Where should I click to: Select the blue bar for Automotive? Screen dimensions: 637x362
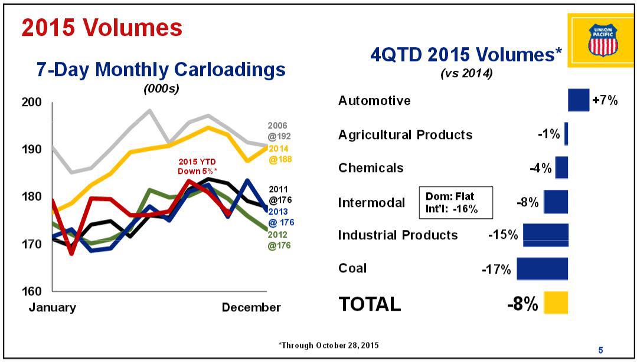pos(579,100)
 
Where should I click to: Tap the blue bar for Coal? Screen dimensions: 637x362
pos(543,269)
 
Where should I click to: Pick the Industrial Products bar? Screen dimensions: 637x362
pos(545,235)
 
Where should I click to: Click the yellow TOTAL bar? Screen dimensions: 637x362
pos(556,303)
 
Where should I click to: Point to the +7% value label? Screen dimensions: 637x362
pos(605,100)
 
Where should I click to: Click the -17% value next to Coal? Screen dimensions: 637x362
pos(496,269)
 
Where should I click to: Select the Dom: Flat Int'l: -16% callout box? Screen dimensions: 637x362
pos(456,202)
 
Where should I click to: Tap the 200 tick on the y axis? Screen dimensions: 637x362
pos(31,102)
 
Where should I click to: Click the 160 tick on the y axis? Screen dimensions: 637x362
pos(31,291)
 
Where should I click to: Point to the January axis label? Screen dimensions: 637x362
pos(52,307)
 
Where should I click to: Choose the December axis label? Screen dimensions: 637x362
pos(251,307)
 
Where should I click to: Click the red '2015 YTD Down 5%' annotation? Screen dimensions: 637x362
pos(197,167)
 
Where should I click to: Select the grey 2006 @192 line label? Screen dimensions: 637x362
pos(279,131)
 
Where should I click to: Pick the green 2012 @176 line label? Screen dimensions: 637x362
pos(279,240)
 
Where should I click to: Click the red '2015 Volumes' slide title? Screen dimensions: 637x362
pos(102,28)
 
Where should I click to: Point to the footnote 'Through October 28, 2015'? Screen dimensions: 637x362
pos(328,345)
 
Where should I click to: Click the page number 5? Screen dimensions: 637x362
pos(601,350)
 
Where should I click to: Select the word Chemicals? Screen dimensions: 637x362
pos(371,167)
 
